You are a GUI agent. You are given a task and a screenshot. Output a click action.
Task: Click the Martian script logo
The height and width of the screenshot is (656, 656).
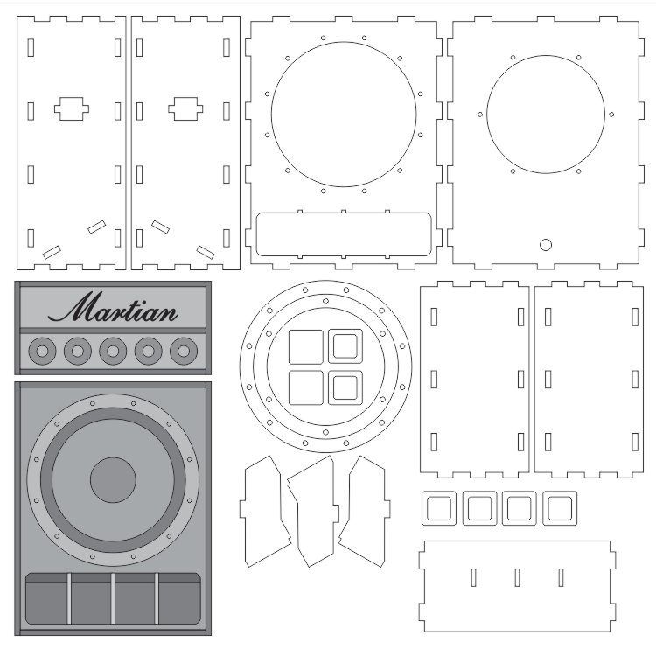[x=113, y=308]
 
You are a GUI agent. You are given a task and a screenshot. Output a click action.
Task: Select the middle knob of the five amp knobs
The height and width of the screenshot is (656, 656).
[x=113, y=351]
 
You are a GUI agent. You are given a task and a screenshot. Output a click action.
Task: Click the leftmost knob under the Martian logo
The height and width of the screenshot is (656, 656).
[x=42, y=351]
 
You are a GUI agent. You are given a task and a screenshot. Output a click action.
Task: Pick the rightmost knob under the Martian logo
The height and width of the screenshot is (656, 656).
[x=184, y=351]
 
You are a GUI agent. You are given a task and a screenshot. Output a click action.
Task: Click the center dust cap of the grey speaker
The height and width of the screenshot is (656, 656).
[x=113, y=480]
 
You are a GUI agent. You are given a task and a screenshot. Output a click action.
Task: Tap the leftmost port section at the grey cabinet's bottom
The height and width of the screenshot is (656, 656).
[x=46, y=598]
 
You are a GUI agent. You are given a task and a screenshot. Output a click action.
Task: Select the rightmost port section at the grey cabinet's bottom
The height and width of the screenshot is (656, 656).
[x=179, y=598]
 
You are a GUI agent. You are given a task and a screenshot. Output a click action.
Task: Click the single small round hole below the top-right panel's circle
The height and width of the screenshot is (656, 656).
[x=546, y=245]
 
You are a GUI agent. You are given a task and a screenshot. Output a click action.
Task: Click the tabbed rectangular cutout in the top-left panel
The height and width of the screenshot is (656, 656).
[x=72, y=108]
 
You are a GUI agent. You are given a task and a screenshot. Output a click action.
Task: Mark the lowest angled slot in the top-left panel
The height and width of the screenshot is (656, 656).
[x=52, y=252]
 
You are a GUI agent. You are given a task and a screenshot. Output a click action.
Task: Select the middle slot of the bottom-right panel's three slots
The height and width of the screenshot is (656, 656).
[x=518, y=577]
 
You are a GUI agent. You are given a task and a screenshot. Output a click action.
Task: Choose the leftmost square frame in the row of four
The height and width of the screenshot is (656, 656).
[x=439, y=494]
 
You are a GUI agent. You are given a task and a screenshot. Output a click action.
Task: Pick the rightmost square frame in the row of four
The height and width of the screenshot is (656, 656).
[x=560, y=494]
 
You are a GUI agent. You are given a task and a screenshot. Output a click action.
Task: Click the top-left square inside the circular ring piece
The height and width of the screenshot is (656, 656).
[x=306, y=347]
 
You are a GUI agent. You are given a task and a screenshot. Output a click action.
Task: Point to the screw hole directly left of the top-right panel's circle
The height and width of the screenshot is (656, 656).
[x=480, y=115]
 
